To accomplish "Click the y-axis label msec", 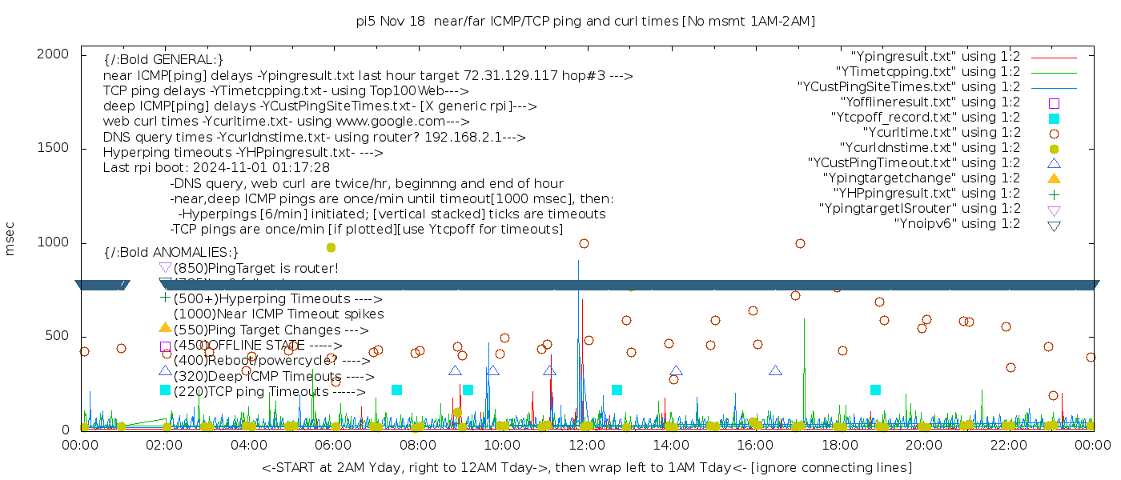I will coord(10,238).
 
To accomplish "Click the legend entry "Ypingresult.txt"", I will coord(935,57).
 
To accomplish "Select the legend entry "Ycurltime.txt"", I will coord(941,133).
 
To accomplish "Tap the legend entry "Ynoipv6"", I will coord(957,224).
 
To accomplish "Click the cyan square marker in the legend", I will coord(1054,118).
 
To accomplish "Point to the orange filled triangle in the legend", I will coord(1054,178).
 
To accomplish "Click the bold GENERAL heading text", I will coord(163,60).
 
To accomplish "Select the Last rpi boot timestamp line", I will coord(216,168).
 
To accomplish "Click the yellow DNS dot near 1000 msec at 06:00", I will coord(331,248).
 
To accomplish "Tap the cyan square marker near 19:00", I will coord(875,390).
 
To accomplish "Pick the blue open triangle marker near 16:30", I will coord(775,370).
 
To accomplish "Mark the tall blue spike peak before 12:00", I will coord(578,262).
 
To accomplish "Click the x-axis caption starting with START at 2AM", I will coord(586,467).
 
